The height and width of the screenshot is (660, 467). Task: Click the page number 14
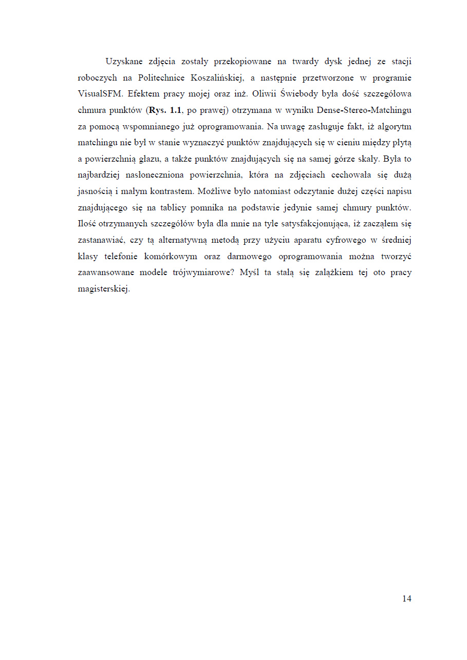(x=406, y=598)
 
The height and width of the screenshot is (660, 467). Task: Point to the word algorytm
(x=395, y=126)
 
